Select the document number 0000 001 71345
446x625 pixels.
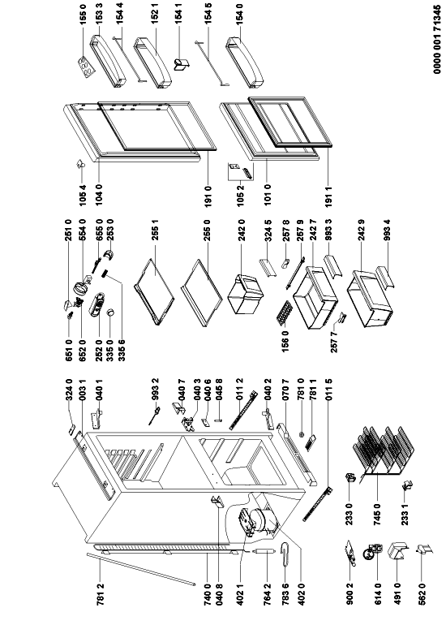(438, 37)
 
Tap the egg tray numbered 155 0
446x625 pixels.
(87, 66)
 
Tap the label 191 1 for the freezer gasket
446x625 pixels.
(329, 196)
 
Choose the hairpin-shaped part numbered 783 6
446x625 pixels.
(285, 554)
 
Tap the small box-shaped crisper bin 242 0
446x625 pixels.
(245, 294)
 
